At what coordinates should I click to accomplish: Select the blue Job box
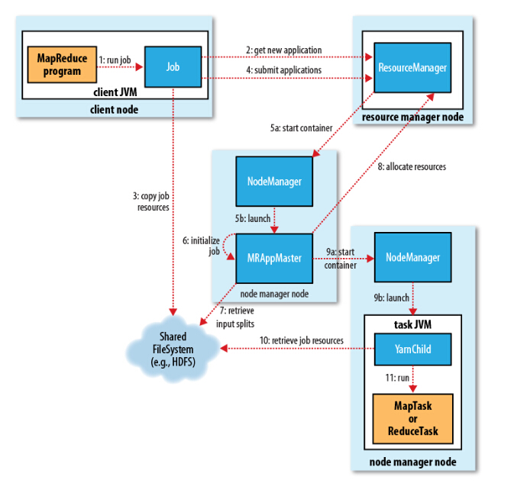tap(173, 66)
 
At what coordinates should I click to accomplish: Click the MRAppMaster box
tap(274, 258)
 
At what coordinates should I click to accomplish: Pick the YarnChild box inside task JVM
tap(412, 349)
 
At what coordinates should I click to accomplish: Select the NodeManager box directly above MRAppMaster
tap(274, 182)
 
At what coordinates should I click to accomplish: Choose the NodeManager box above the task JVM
tap(412, 258)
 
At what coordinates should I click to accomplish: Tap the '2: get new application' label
tap(284, 50)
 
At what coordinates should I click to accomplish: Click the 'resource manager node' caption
tap(412, 118)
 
